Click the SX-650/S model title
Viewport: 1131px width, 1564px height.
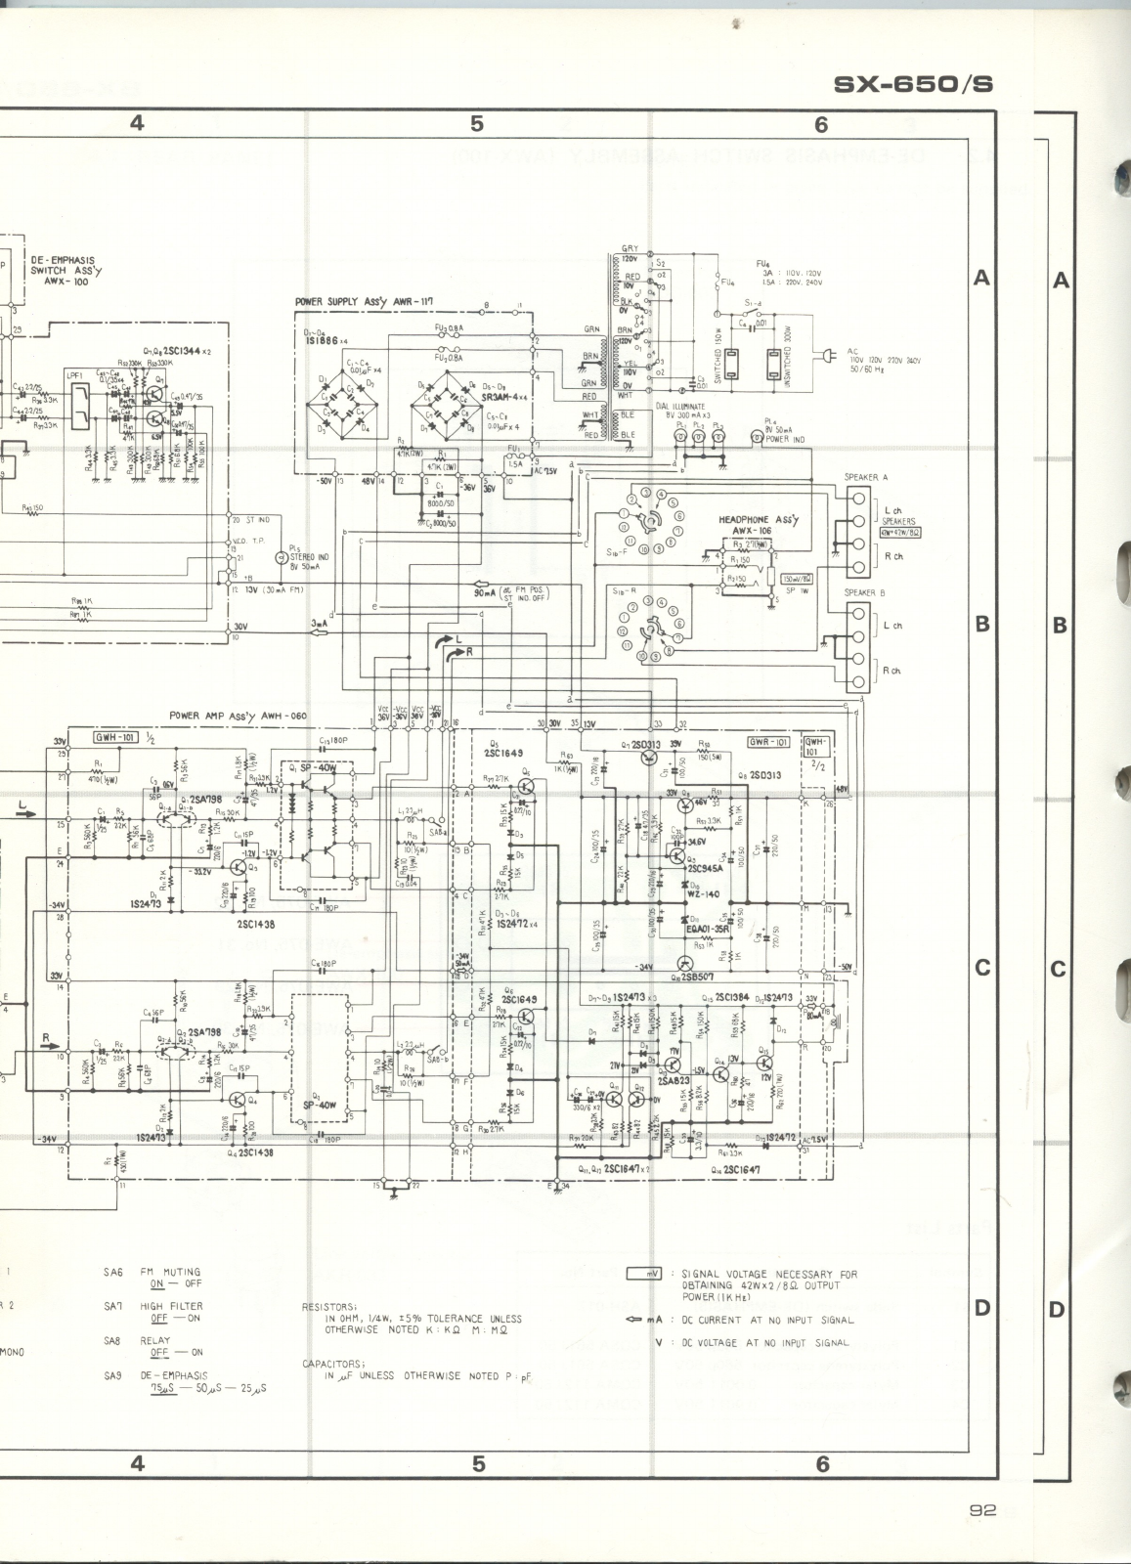(x=913, y=84)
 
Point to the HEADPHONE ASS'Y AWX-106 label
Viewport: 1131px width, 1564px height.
(x=759, y=525)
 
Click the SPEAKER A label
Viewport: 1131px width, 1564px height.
(x=866, y=477)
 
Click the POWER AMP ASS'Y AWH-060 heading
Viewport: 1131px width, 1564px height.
(x=239, y=716)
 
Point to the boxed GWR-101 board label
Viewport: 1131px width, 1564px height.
(x=767, y=742)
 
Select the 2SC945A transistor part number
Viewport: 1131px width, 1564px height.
(x=706, y=868)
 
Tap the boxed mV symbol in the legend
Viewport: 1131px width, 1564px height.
(x=645, y=1274)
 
